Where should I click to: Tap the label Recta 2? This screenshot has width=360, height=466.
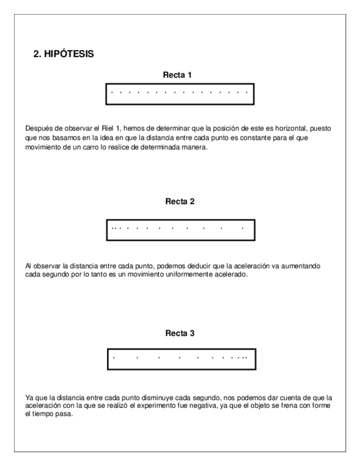click(x=180, y=201)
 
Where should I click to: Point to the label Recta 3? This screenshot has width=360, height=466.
click(x=180, y=333)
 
